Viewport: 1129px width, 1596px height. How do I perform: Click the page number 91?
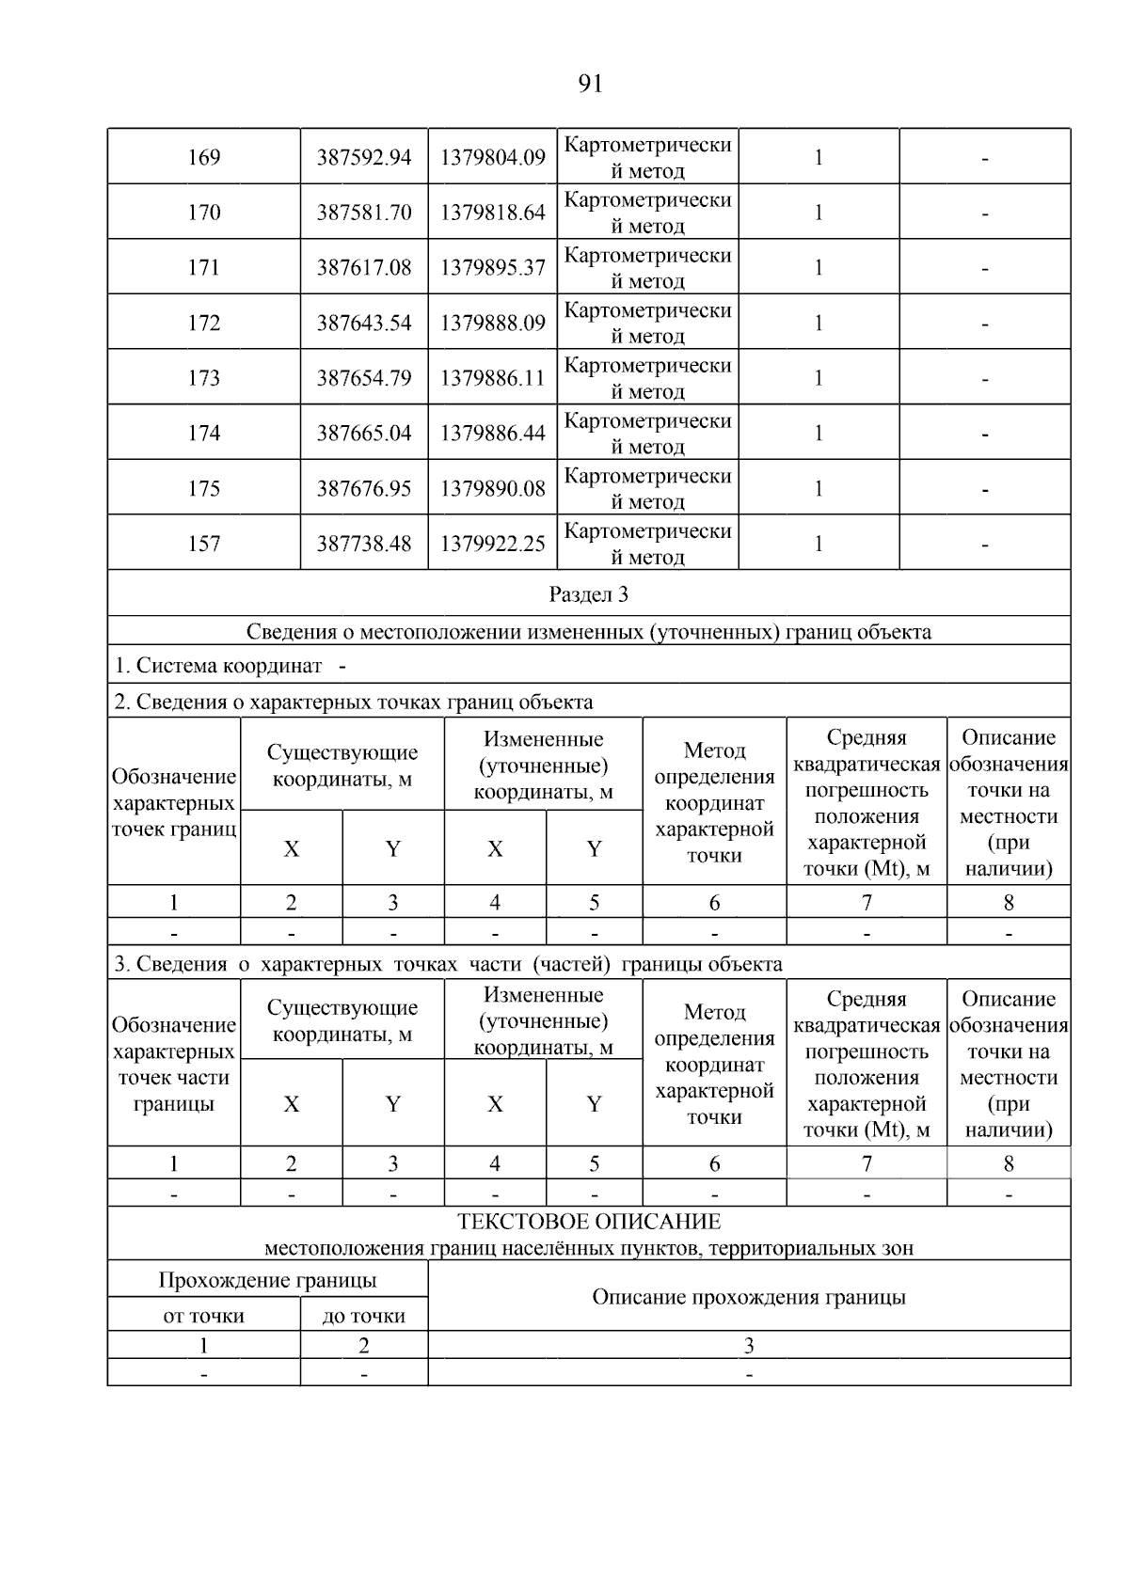[x=589, y=85]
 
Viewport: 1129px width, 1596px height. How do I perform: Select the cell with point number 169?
[x=204, y=157]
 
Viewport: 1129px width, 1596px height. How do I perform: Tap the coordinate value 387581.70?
[x=364, y=213]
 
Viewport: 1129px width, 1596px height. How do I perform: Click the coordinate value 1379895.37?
[x=493, y=268]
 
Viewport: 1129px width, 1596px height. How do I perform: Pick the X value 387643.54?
[x=364, y=324]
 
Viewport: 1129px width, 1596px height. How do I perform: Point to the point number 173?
[x=204, y=378]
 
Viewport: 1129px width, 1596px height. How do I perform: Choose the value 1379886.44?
[x=493, y=434]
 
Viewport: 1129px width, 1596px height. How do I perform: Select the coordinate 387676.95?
[x=364, y=489]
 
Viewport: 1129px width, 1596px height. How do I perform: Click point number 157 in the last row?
[x=204, y=544]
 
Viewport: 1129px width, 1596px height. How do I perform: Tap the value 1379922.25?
[x=493, y=544]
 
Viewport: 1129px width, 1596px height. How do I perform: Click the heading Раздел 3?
[x=589, y=594]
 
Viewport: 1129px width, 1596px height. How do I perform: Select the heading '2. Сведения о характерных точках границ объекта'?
[x=354, y=702]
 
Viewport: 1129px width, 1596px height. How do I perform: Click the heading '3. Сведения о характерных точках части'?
[x=448, y=964]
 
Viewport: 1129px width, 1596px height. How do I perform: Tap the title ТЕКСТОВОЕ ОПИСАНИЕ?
[x=589, y=1222]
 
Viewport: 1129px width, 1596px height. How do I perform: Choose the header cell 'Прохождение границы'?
[x=267, y=1280]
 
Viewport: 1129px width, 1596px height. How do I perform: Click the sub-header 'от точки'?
[x=204, y=1316]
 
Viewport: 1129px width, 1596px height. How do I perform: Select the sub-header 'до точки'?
[x=364, y=1316]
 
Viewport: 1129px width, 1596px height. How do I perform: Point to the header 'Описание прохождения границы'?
[x=749, y=1297]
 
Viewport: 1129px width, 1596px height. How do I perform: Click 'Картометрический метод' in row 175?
[x=647, y=488]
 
